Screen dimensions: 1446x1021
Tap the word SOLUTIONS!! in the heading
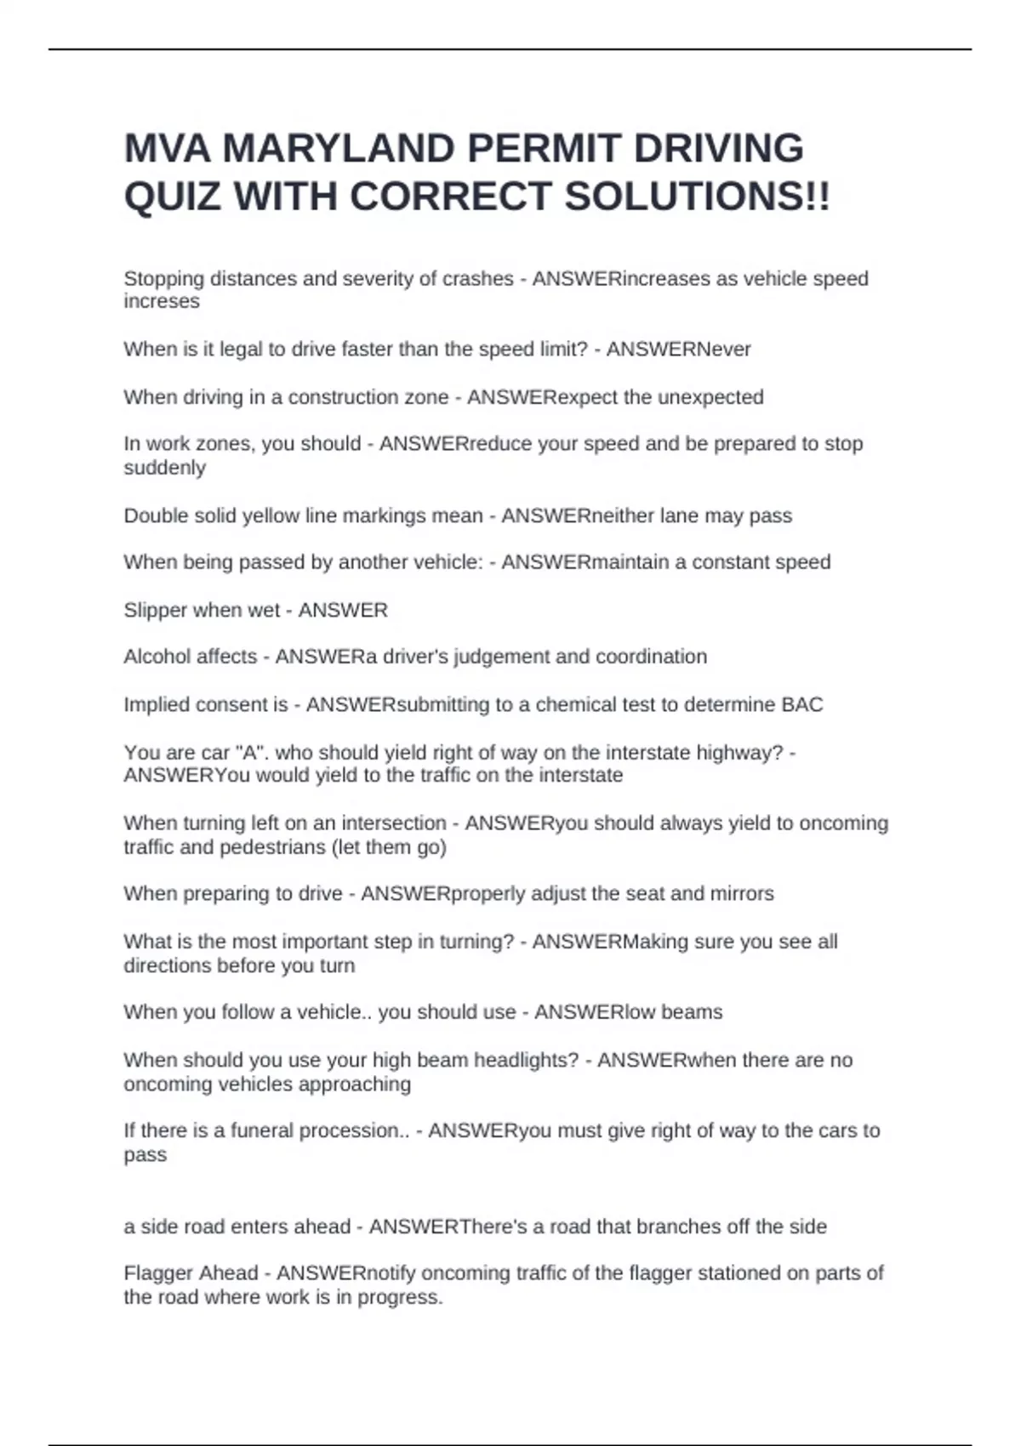pyautogui.click(x=697, y=197)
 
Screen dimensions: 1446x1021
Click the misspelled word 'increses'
pyautogui.click(x=162, y=302)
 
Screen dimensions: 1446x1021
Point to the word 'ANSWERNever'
pyautogui.click(x=678, y=350)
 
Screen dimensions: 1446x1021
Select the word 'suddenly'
pyautogui.click(x=164, y=468)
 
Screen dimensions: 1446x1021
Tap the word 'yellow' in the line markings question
pyautogui.click(x=273, y=515)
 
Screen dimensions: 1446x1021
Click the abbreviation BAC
pyautogui.click(x=801, y=705)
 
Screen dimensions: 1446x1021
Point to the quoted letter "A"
pyautogui.click(x=245, y=753)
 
